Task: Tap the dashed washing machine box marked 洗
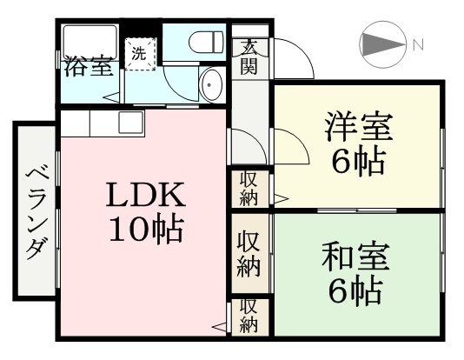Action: click(x=140, y=54)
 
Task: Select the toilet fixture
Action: click(x=206, y=42)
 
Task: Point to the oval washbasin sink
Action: click(x=210, y=84)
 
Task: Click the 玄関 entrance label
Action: click(x=249, y=57)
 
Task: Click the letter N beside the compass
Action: click(x=418, y=45)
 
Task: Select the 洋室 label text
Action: click(x=358, y=127)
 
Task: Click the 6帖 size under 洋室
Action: click(x=358, y=163)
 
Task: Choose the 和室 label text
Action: click(x=355, y=257)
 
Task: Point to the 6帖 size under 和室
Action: click(x=355, y=292)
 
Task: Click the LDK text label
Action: click(x=146, y=195)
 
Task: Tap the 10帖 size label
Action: click(x=146, y=230)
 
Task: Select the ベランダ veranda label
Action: click(x=36, y=214)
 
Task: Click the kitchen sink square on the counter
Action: click(x=131, y=123)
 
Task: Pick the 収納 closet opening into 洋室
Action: click(x=249, y=189)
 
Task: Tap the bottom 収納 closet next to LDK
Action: click(x=249, y=317)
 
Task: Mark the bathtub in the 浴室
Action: click(x=90, y=43)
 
